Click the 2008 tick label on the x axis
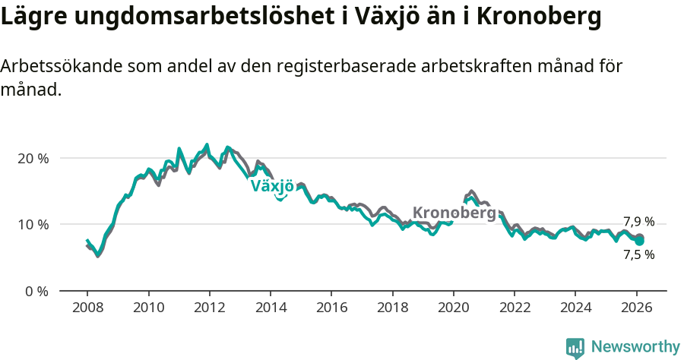(87, 308)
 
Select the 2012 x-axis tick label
(210, 308)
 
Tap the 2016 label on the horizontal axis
(331, 308)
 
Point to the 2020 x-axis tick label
(454, 308)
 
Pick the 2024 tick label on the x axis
(575, 308)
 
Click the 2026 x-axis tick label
(637, 308)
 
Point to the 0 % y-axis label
(36, 291)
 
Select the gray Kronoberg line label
(454, 213)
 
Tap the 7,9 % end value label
(638, 222)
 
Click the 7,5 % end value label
(638, 255)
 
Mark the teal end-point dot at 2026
(640, 241)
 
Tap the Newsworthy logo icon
(575, 348)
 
